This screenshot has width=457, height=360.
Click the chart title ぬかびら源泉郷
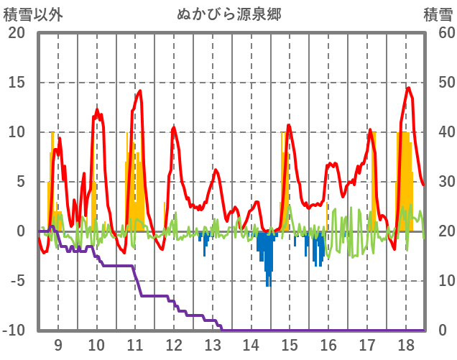coord(228,14)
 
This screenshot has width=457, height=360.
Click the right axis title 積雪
coord(438,14)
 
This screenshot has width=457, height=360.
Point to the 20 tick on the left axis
coord(16,33)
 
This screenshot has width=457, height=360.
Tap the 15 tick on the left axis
coord(16,83)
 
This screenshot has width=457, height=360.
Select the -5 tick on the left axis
coord(16,281)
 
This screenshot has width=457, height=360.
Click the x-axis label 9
coord(58,344)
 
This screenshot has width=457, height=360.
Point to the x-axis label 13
coord(213,344)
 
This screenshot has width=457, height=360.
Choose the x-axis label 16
coord(328,344)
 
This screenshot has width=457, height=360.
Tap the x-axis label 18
coord(405,344)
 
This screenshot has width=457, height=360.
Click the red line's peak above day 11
coord(140,91)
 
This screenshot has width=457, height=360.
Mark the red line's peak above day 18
coord(408,88)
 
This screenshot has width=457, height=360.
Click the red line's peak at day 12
coord(173,127)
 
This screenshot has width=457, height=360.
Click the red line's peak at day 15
coord(289,125)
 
